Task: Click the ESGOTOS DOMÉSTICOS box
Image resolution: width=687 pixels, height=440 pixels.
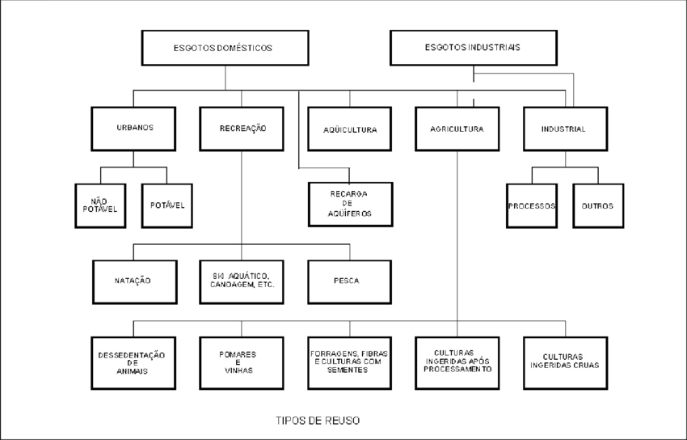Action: (x=222, y=48)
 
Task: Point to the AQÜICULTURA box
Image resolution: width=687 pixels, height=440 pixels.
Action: (x=350, y=129)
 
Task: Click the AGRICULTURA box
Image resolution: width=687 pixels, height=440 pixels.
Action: (x=457, y=129)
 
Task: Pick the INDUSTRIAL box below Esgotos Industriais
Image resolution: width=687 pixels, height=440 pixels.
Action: (x=564, y=129)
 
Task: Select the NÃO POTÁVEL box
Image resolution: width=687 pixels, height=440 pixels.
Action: (x=100, y=205)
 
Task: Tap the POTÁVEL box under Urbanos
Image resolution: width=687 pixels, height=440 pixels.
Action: (x=167, y=205)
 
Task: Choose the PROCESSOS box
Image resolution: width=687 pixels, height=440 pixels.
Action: (x=532, y=205)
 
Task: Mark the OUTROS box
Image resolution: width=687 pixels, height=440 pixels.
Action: (x=597, y=205)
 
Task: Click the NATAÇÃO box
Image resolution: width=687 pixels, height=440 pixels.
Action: (x=134, y=281)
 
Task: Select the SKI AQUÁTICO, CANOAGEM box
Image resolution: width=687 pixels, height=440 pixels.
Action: (x=242, y=281)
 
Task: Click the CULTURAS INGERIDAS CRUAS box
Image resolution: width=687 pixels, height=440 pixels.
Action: (x=564, y=362)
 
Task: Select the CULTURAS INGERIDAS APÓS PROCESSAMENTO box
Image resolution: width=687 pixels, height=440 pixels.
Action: (x=457, y=362)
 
